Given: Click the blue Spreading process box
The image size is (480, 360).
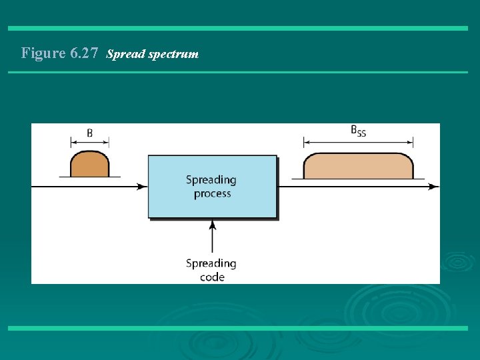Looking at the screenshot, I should [x=212, y=187].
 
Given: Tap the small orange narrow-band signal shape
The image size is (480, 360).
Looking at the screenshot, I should [x=89, y=165].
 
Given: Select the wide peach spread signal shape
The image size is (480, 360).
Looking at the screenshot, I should [x=358, y=166].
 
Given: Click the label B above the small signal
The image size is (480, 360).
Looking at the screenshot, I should [x=89, y=133].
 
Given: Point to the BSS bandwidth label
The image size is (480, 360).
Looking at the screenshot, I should [x=358, y=131].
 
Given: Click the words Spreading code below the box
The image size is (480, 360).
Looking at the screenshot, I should [x=211, y=270].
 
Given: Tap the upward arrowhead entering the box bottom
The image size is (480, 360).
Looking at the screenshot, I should [x=212, y=225].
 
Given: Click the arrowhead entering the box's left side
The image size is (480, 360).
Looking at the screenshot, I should [x=142, y=187].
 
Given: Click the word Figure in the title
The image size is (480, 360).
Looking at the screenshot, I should [x=43, y=53].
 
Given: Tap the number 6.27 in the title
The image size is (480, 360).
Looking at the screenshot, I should [x=85, y=53].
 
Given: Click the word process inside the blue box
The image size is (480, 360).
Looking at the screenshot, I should [x=212, y=194].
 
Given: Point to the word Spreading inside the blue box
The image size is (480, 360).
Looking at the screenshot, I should [x=211, y=179].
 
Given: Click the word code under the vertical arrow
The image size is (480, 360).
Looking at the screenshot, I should [x=212, y=277].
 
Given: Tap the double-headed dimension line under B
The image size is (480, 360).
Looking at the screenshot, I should [x=89, y=142].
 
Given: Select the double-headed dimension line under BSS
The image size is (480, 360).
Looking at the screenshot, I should [x=358, y=141].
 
